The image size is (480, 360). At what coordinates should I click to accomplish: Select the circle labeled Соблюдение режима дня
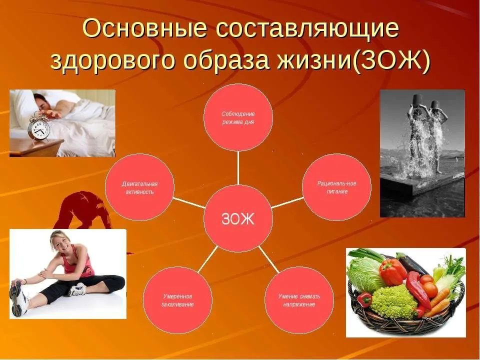coord(238,117)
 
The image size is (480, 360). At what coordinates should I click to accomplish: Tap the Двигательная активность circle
coord(139,187)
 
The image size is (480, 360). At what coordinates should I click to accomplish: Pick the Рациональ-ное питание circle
coord(336,187)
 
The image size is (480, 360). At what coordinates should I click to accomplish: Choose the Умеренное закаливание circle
coord(177,300)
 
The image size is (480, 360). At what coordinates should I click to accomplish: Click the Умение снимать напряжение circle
coord(299,300)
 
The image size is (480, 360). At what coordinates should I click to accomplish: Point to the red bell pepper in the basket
coord(393,272)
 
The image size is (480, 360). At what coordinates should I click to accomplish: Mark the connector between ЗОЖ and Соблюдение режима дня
coord(238,168)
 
